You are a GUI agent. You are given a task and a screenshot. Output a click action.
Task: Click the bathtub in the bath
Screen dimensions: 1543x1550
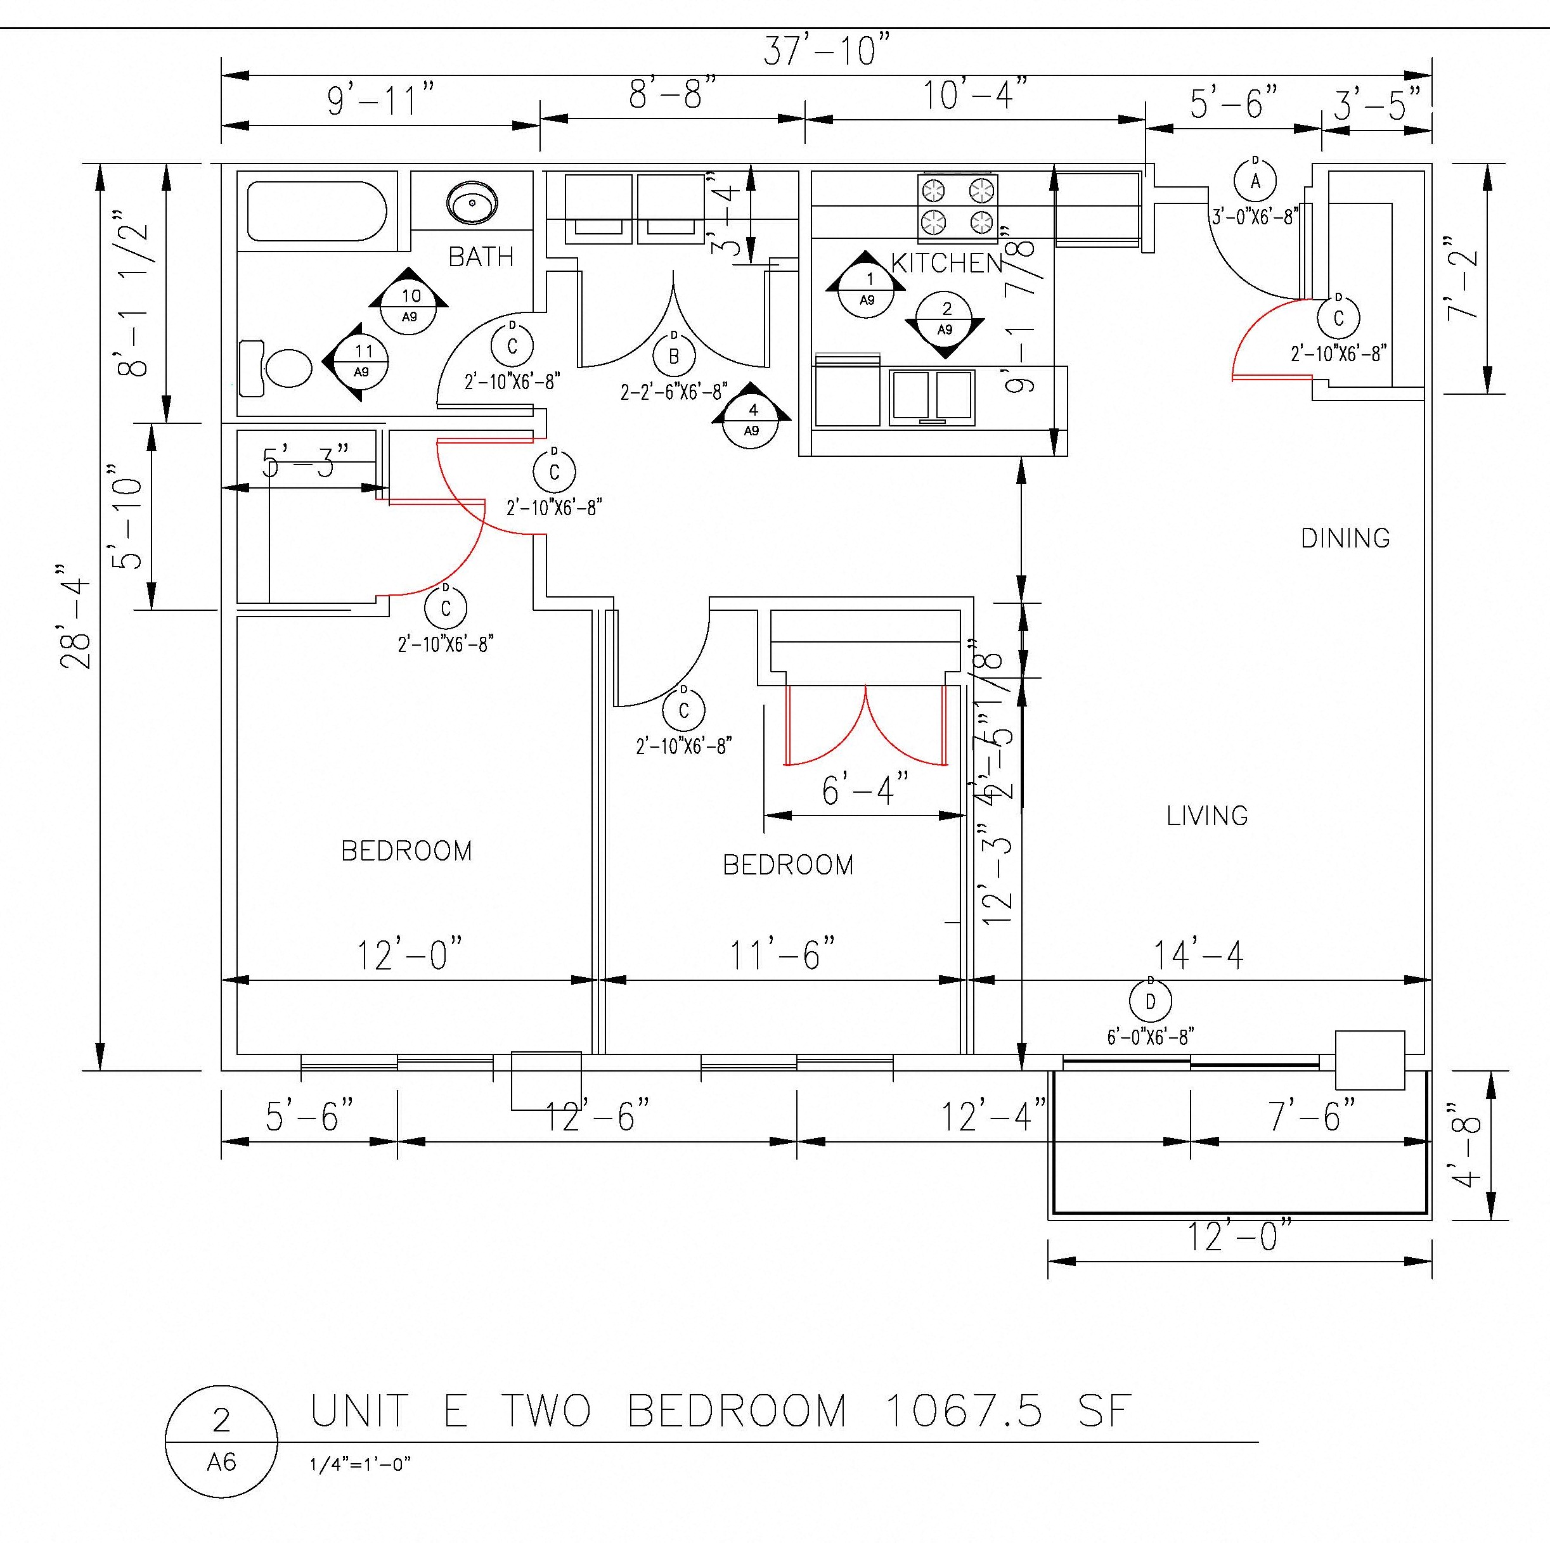pos(317,212)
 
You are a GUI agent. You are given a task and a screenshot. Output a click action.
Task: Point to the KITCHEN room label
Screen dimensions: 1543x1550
pos(946,262)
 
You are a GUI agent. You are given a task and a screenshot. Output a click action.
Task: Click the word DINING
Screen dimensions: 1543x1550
pos(1345,538)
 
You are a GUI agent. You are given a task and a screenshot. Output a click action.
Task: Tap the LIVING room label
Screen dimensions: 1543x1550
pos(1206,816)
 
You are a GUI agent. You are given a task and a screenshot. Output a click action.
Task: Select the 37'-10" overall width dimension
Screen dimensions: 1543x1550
pos(826,51)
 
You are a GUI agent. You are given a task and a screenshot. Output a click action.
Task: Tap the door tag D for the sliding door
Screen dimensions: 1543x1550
pos(1150,1002)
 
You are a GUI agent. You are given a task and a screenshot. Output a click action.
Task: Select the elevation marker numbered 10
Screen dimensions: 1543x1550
pos(409,305)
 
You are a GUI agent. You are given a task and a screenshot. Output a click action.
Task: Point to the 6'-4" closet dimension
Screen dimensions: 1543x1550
pos(865,791)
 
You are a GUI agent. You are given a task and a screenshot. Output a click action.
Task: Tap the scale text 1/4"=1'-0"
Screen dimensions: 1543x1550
pos(360,1464)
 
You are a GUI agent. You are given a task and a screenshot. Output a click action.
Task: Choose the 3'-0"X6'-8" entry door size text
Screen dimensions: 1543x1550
pos(1255,217)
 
